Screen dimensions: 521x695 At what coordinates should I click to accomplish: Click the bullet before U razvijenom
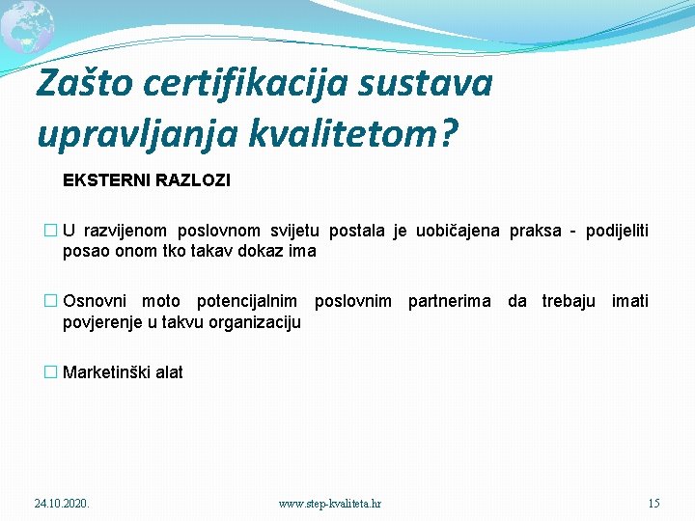coord(51,232)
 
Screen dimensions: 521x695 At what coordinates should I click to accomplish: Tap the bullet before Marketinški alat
coord(51,372)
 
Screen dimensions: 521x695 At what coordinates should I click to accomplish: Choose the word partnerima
coord(449,301)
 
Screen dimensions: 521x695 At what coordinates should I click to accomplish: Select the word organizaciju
coord(253,321)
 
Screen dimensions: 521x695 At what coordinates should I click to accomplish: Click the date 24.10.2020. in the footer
coord(62,503)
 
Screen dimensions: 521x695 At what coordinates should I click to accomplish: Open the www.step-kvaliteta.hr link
coord(329,503)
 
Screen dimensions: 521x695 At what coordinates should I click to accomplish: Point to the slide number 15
coord(653,503)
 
